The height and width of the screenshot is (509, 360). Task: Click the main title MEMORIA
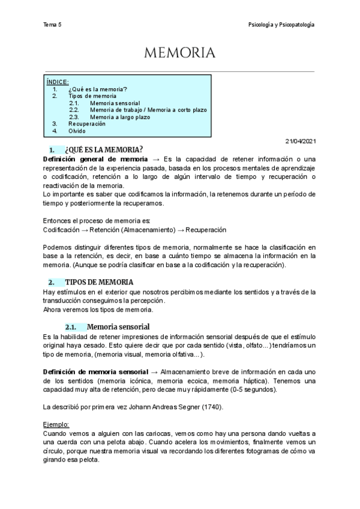[x=179, y=53]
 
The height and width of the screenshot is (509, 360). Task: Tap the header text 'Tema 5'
[x=53, y=25]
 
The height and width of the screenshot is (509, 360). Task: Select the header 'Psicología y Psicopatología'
[x=281, y=25]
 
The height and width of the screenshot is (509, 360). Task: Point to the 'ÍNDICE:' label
[x=58, y=82]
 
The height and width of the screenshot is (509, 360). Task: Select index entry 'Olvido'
[x=77, y=131]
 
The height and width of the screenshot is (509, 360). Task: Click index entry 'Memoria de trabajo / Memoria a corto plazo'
[x=148, y=110]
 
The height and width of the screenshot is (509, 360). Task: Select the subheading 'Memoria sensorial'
[x=118, y=327]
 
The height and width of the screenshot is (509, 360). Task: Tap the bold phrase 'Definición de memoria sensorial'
[x=95, y=372]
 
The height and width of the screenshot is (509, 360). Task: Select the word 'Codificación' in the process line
[x=62, y=229]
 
